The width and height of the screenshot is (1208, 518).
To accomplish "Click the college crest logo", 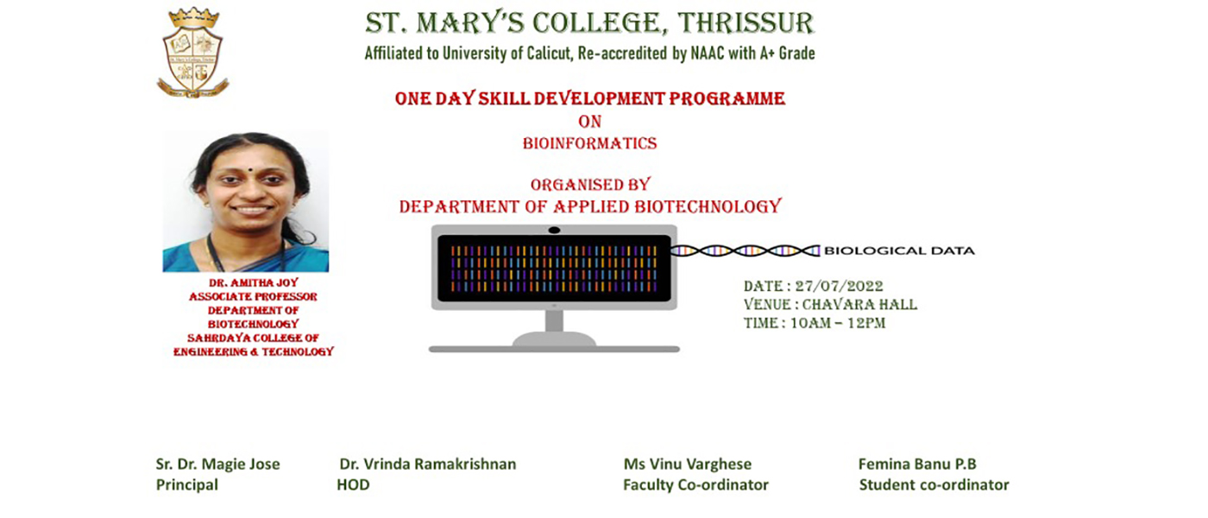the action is (192, 53).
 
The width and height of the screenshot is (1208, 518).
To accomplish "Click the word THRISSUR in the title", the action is (746, 23).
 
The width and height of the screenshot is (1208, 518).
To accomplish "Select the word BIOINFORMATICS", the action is (589, 143).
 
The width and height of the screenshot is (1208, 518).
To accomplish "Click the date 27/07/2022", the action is (839, 286).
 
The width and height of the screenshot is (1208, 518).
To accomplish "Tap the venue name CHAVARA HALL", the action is (859, 305).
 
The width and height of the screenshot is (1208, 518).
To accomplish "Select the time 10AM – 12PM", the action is (838, 323).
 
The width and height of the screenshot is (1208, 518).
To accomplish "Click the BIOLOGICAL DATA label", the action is (899, 251).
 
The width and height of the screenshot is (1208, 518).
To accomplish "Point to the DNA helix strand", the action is (745, 250).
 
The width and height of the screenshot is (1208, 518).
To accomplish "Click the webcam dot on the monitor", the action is (554, 231).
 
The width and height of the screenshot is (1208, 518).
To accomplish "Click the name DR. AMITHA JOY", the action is (254, 283).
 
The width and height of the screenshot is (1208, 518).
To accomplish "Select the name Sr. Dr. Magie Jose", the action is (217, 464).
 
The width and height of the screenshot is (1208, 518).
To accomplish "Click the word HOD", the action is (353, 484).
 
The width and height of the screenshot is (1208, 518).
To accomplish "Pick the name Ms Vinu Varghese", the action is (688, 464).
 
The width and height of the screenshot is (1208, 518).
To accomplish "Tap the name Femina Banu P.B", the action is (917, 464).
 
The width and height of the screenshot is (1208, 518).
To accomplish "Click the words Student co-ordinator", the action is (934, 484).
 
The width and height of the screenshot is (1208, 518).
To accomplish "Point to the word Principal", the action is (187, 484).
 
